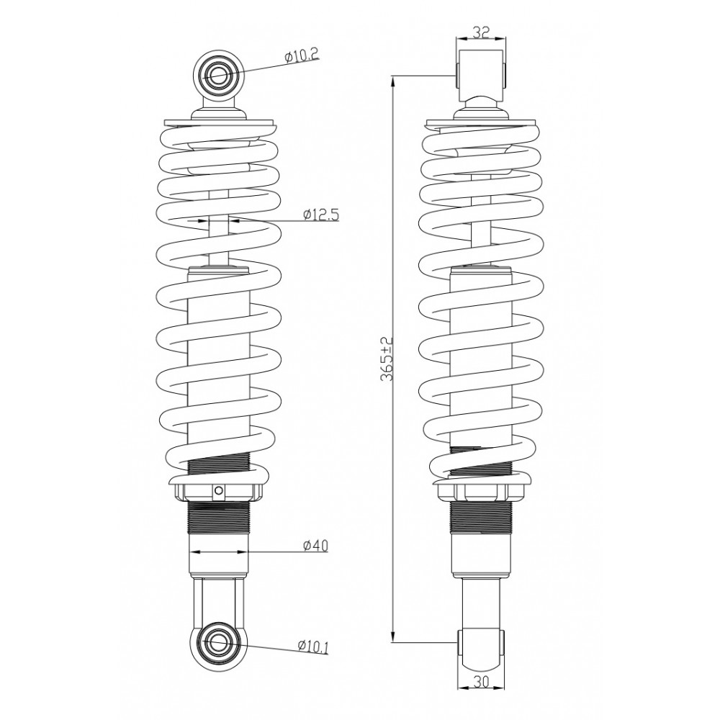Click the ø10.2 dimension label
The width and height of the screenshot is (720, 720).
pos(301,56)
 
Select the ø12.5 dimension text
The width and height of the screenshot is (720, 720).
pos(321,214)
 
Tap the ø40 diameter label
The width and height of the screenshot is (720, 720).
pos(315,546)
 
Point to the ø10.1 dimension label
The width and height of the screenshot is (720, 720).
pos(312,646)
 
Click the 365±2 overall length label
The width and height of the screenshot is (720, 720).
pos(387,359)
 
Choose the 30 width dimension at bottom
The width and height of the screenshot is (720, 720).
pos(480,683)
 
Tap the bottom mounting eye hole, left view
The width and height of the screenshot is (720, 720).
pos(218,642)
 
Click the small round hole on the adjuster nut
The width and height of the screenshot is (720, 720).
pos(220,489)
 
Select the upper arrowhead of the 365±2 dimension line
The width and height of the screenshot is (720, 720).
pos(393,83)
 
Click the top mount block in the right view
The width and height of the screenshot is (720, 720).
pos(481,74)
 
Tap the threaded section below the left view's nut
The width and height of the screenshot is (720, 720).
pos(219,516)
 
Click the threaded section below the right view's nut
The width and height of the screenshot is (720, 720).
pos(481,516)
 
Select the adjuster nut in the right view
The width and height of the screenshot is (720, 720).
pos(481,492)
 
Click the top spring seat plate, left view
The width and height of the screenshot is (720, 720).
pos(220,122)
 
